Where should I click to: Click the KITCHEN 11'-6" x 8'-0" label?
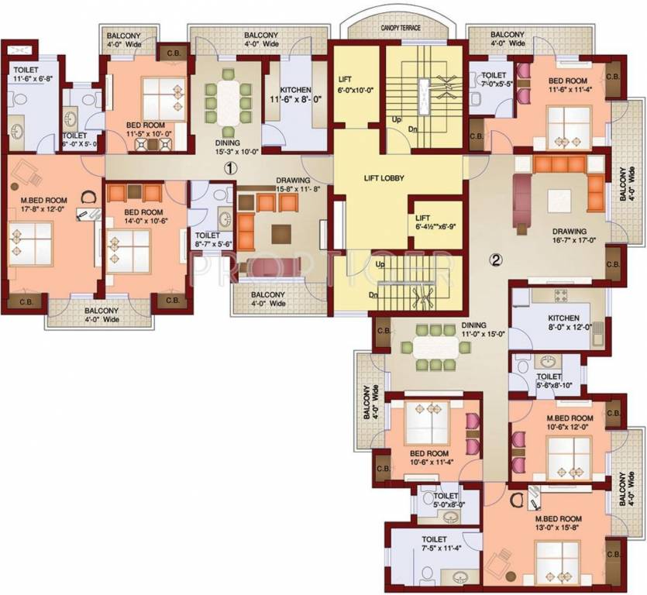pos(295,95)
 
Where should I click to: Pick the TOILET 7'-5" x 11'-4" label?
pos(434,545)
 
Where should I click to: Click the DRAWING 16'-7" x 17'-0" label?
pos(570,236)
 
